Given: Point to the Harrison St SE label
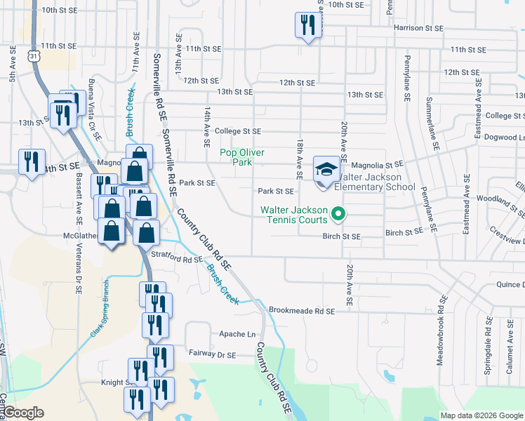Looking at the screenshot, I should pos(418,28).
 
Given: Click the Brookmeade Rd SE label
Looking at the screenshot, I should pos(302,310).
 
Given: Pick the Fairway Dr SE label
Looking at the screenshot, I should pos(212,355).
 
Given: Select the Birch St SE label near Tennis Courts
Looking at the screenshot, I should pos(341,237).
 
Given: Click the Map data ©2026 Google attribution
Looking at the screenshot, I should pos(481,415).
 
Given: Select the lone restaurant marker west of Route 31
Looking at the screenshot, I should pos(32,163).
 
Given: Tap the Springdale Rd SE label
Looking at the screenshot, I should pos(487,347).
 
